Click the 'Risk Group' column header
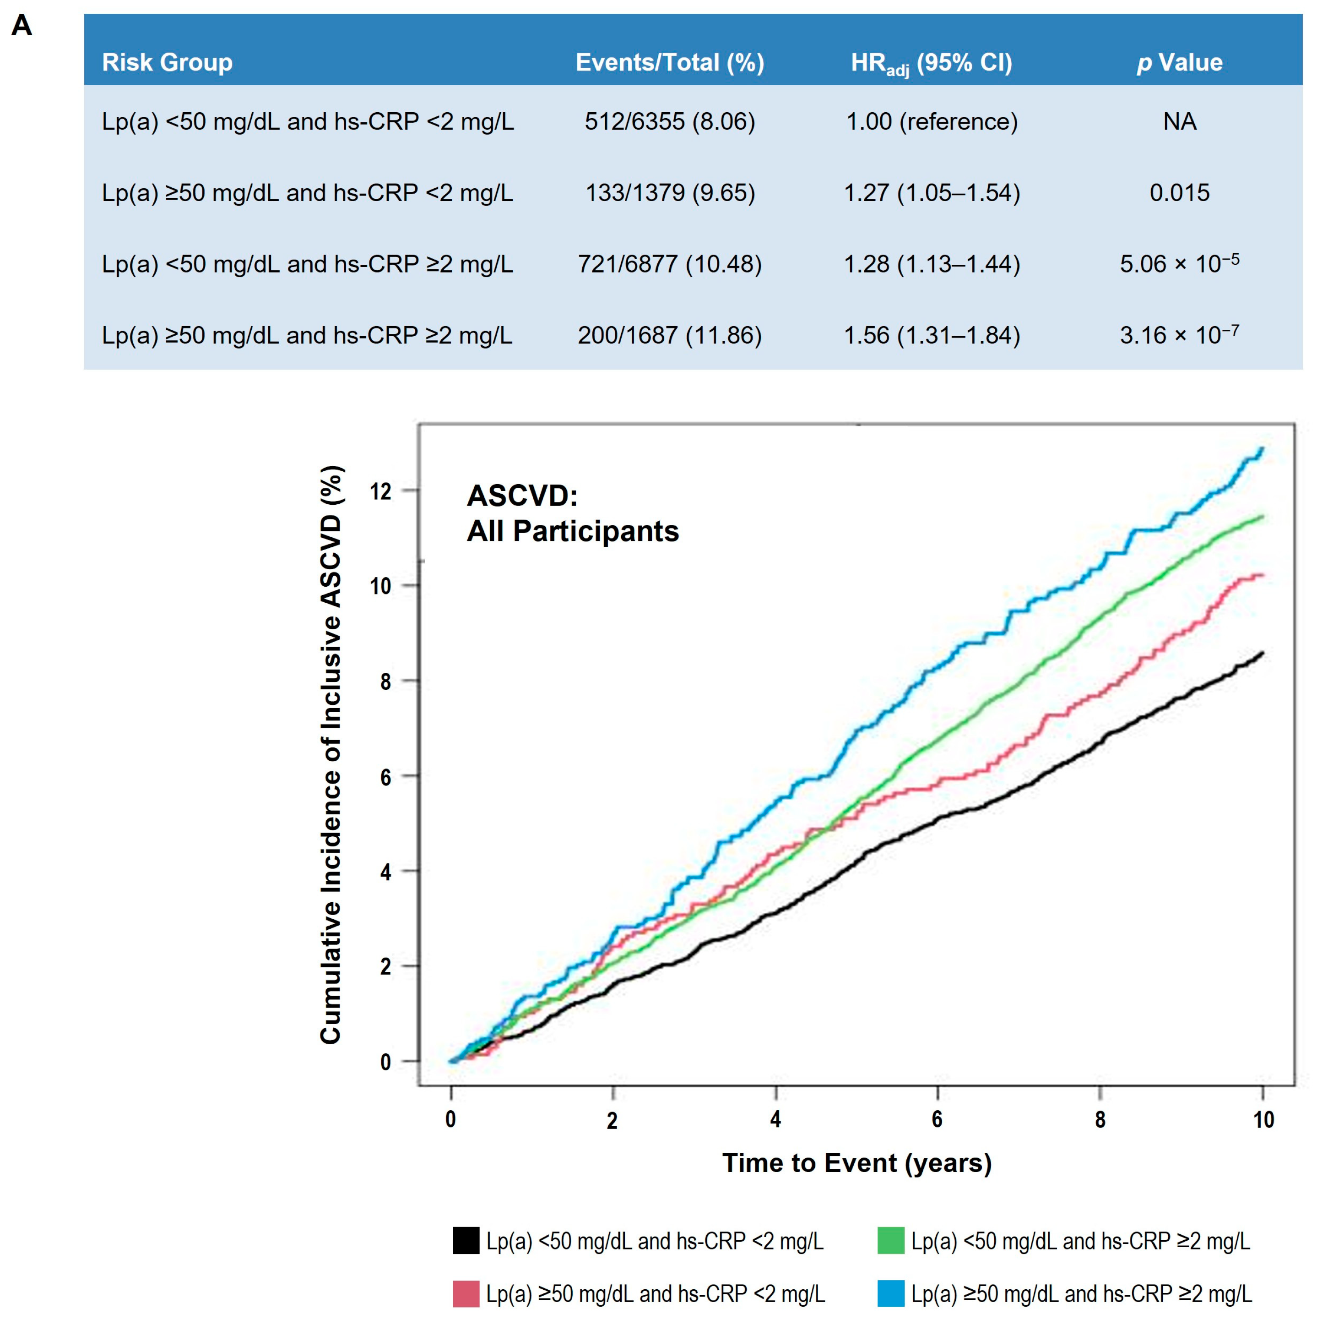(167, 62)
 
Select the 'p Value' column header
(1179, 62)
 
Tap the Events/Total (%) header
(669, 62)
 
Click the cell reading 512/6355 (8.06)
(669, 121)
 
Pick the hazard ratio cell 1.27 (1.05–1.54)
(931, 193)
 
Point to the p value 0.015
(1179, 193)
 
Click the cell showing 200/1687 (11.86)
(669, 335)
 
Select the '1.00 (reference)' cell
(931, 121)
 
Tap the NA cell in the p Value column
(1179, 121)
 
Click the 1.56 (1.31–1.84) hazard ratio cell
(931, 335)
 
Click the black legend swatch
(466, 1241)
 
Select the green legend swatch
(890, 1241)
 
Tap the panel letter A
(22, 26)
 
